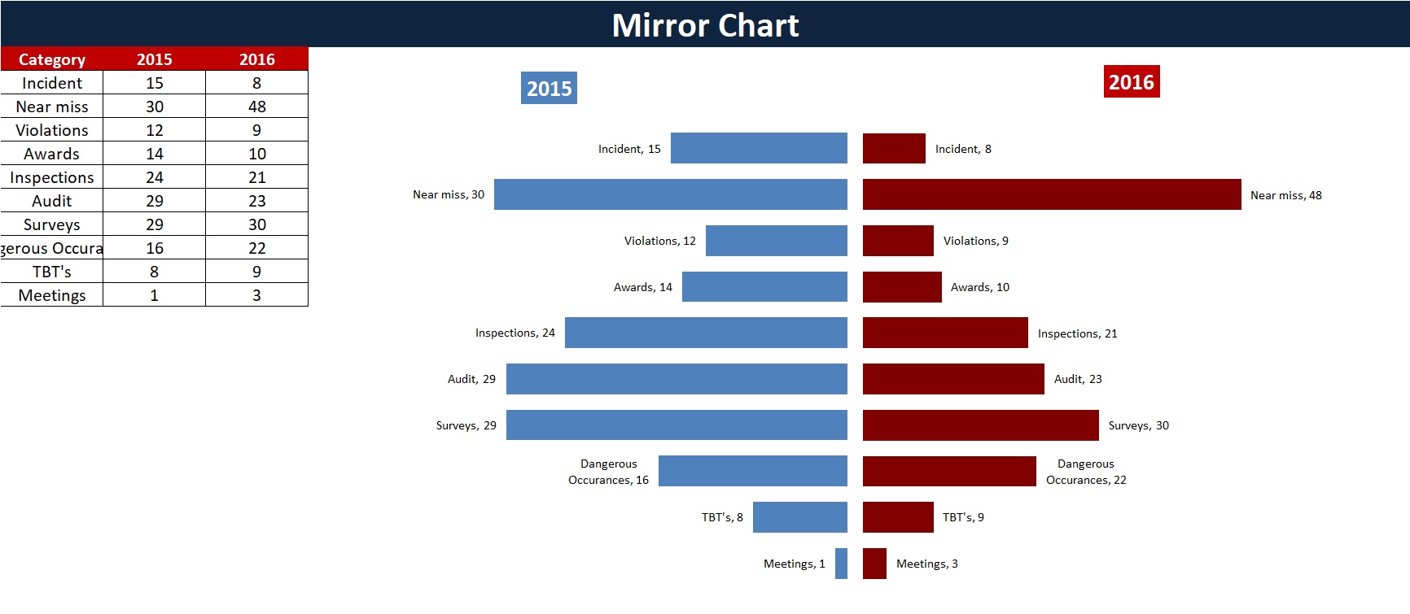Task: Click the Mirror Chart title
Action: click(x=705, y=25)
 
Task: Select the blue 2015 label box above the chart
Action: click(x=549, y=88)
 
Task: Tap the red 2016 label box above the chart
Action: click(x=1131, y=82)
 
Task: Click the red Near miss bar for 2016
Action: click(x=1051, y=194)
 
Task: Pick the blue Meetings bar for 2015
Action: click(x=841, y=564)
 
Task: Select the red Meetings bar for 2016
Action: click(x=874, y=564)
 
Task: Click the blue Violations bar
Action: click(x=776, y=241)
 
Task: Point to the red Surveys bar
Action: click(x=980, y=425)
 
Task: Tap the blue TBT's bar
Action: click(x=799, y=517)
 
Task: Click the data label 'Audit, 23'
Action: click(x=1077, y=379)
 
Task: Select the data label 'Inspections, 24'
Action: click(x=515, y=333)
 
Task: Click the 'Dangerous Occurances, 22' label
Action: click(x=1085, y=472)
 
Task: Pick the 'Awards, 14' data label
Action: click(x=642, y=287)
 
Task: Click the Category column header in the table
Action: click(x=51, y=59)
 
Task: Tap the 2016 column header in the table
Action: click(x=256, y=59)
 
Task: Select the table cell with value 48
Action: click(x=256, y=107)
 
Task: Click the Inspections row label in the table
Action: click(x=51, y=177)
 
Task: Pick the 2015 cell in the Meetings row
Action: click(x=154, y=295)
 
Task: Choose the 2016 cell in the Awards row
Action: click(x=256, y=154)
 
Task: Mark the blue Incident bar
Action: click(x=759, y=148)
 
